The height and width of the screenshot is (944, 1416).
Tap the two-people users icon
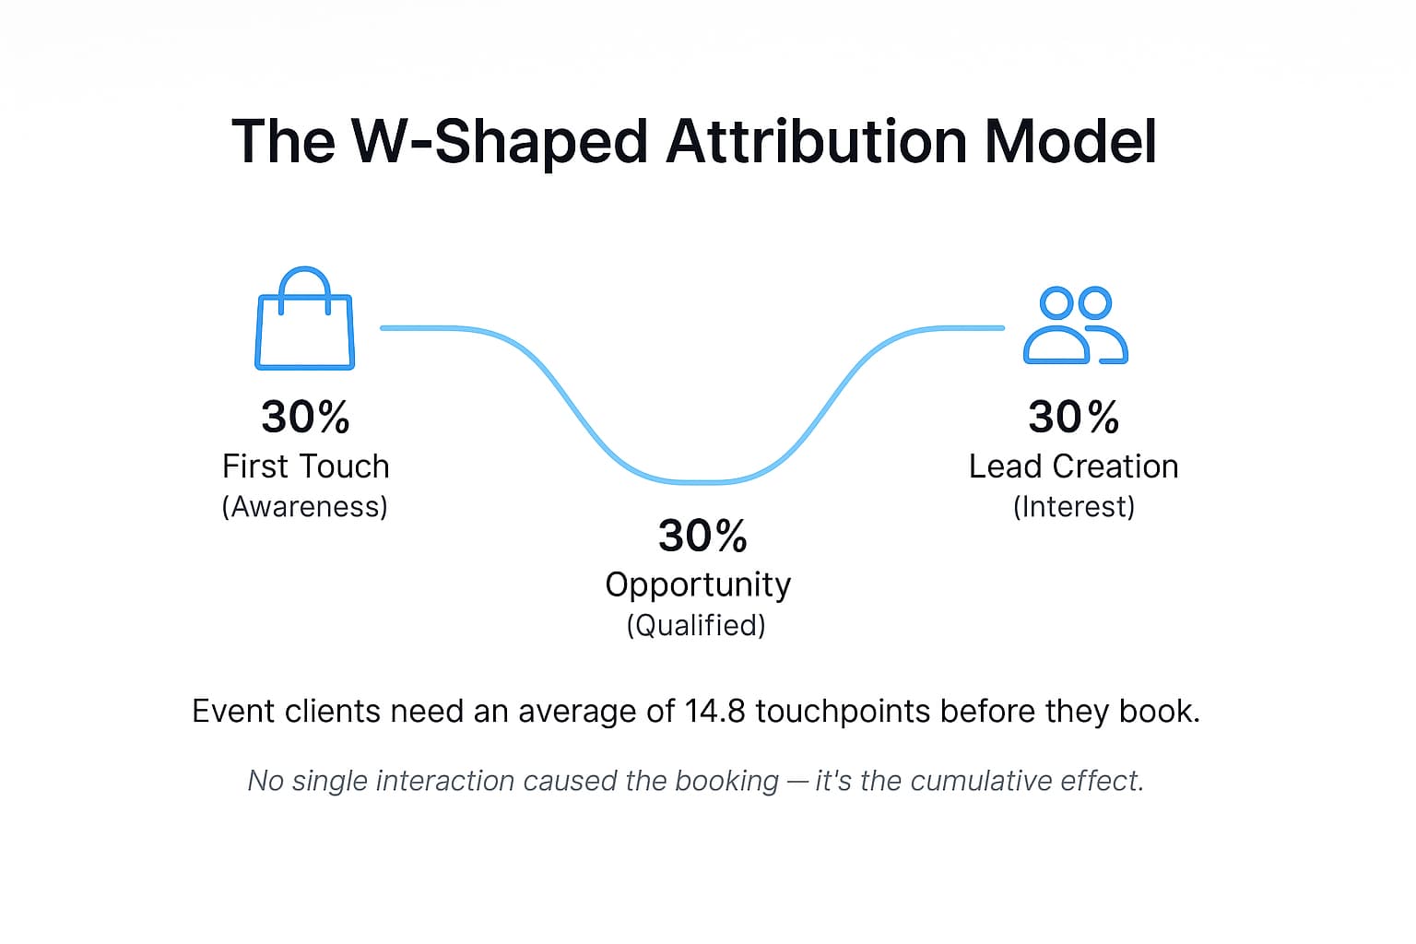(x=1075, y=325)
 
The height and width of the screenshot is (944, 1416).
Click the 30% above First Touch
(x=305, y=417)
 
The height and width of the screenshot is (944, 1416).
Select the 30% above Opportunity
(x=702, y=536)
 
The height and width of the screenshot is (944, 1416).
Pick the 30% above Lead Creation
(x=1073, y=417)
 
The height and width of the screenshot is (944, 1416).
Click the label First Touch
(x=305, y=466)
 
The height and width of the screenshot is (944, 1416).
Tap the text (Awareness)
(x=304, y=506)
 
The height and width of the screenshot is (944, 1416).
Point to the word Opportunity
(x=698, y=584)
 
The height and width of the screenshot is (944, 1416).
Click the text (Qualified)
(x=696, y=625)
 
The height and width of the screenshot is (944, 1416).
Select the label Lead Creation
(x=1073, y=466)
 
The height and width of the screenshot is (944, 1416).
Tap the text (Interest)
(x=1073, y=506)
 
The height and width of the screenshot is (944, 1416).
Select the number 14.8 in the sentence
(x=714, y=712)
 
